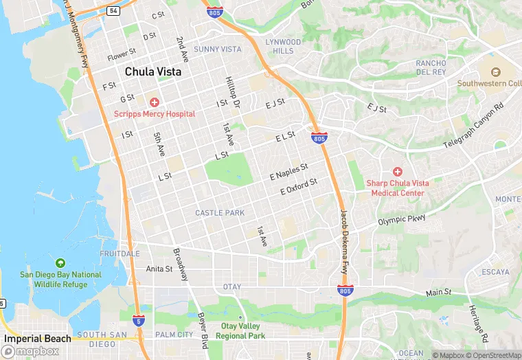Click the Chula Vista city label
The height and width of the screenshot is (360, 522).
point(153,71)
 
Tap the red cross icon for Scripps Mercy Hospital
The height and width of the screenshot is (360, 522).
point(155,102)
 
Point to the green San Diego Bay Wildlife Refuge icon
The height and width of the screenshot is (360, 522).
point(60,263)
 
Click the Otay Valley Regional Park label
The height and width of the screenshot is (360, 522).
point(240,330)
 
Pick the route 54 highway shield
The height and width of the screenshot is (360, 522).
point(113,11)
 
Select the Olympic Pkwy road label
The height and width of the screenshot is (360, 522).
point(402,221)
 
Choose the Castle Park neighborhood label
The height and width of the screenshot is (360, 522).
point(220,213)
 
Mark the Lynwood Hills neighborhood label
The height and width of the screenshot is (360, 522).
point(283,47)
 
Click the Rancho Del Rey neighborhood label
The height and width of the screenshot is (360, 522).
point(431,67)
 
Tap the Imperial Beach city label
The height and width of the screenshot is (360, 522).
point(37,339)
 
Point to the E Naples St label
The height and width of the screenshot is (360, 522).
point(289,172)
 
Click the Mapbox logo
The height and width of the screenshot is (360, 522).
point(30,351)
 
